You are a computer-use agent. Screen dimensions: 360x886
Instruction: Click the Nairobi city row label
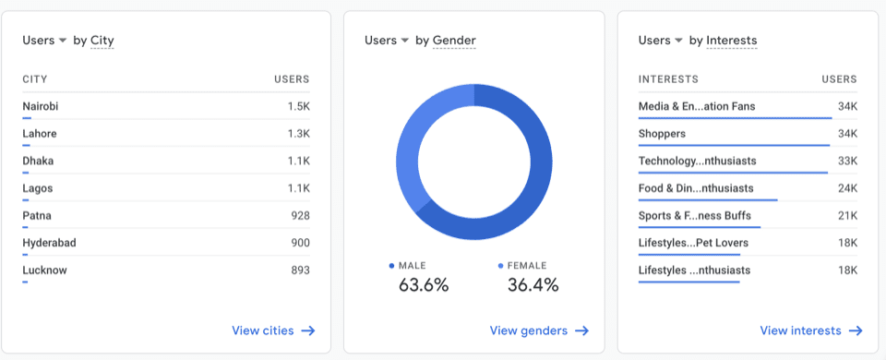tap(41, 106)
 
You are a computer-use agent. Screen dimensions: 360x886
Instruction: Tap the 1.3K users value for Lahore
tap(298, 134)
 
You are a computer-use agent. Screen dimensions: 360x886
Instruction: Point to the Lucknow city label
tap(44, 270)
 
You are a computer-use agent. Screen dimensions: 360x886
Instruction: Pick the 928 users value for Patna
tap(299, 216)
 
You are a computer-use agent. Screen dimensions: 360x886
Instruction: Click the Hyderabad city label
tap(49, 243)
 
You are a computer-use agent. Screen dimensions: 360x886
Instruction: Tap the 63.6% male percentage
tap(424, 284)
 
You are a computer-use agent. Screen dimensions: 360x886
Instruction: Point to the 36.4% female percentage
tap(533, 284)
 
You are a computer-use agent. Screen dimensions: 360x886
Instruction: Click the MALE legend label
tap(412, 266)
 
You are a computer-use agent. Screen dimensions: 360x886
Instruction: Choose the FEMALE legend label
tap(527, 266)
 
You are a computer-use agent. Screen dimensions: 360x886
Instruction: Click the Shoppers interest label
tap(662, 134)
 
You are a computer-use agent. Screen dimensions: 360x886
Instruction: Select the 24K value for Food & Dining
tap(847, 188)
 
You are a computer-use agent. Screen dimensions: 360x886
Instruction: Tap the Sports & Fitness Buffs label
tap(693, 216)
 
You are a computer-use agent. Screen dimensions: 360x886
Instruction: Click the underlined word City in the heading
tap(102, 41)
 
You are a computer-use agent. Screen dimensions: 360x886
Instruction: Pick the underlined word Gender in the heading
tap(454, 41)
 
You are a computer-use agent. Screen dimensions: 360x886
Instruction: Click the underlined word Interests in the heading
tap(732, 41)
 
